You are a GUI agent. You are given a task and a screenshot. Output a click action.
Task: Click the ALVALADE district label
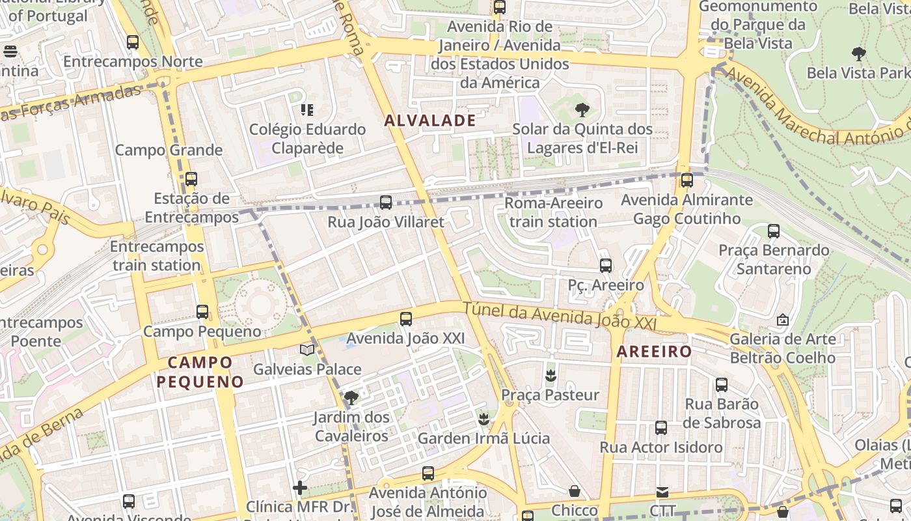tap(430, 120)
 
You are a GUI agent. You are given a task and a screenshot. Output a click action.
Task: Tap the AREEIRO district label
tap(654, 352)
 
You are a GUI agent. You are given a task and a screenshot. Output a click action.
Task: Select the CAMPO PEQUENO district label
tap(200, 372)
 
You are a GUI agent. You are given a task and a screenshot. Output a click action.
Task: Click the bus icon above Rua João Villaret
tap(386, 203)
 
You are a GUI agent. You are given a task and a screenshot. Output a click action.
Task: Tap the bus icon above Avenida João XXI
tap(406, 318)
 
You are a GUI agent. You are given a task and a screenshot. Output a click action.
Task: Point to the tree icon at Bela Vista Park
tap(858, 53)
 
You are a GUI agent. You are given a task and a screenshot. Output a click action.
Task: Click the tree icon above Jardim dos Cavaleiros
tap(351, 397)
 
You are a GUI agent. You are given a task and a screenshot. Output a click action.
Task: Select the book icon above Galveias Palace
tap(307, 350)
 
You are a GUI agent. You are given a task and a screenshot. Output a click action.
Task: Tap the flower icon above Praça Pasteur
tap(551, 375)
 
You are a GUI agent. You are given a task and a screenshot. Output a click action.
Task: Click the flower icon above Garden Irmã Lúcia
tap(483, 418)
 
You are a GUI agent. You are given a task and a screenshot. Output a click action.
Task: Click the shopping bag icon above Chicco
tap(575, 490)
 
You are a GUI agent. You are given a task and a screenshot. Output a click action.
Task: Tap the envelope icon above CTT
tap(662, 492)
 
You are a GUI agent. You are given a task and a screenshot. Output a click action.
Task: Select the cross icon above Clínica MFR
tap(300, 487)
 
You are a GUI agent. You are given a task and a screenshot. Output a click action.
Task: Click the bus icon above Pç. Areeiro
tap(606, 265)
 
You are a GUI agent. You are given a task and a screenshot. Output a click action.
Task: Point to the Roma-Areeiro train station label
tap(554, 212)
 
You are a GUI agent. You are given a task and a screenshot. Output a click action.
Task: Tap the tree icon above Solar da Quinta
tap(582, 109)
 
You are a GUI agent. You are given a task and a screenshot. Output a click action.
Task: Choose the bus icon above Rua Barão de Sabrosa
tap(722, 384)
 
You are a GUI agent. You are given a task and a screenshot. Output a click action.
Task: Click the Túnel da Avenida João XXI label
tap(559, 317)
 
